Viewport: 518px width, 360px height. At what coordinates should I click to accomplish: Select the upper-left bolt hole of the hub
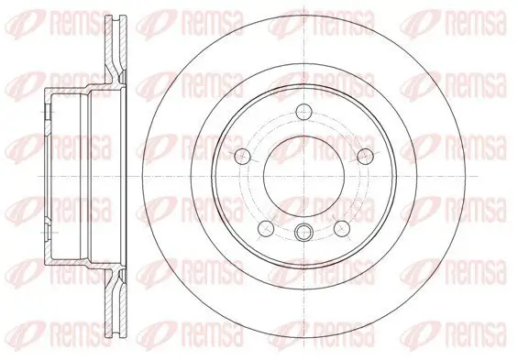(x=243, y=154)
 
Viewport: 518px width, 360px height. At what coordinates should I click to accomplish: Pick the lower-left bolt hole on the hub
(x=266, y=226)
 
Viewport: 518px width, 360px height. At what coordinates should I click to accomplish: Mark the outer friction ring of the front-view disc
(x=302, y=41)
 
